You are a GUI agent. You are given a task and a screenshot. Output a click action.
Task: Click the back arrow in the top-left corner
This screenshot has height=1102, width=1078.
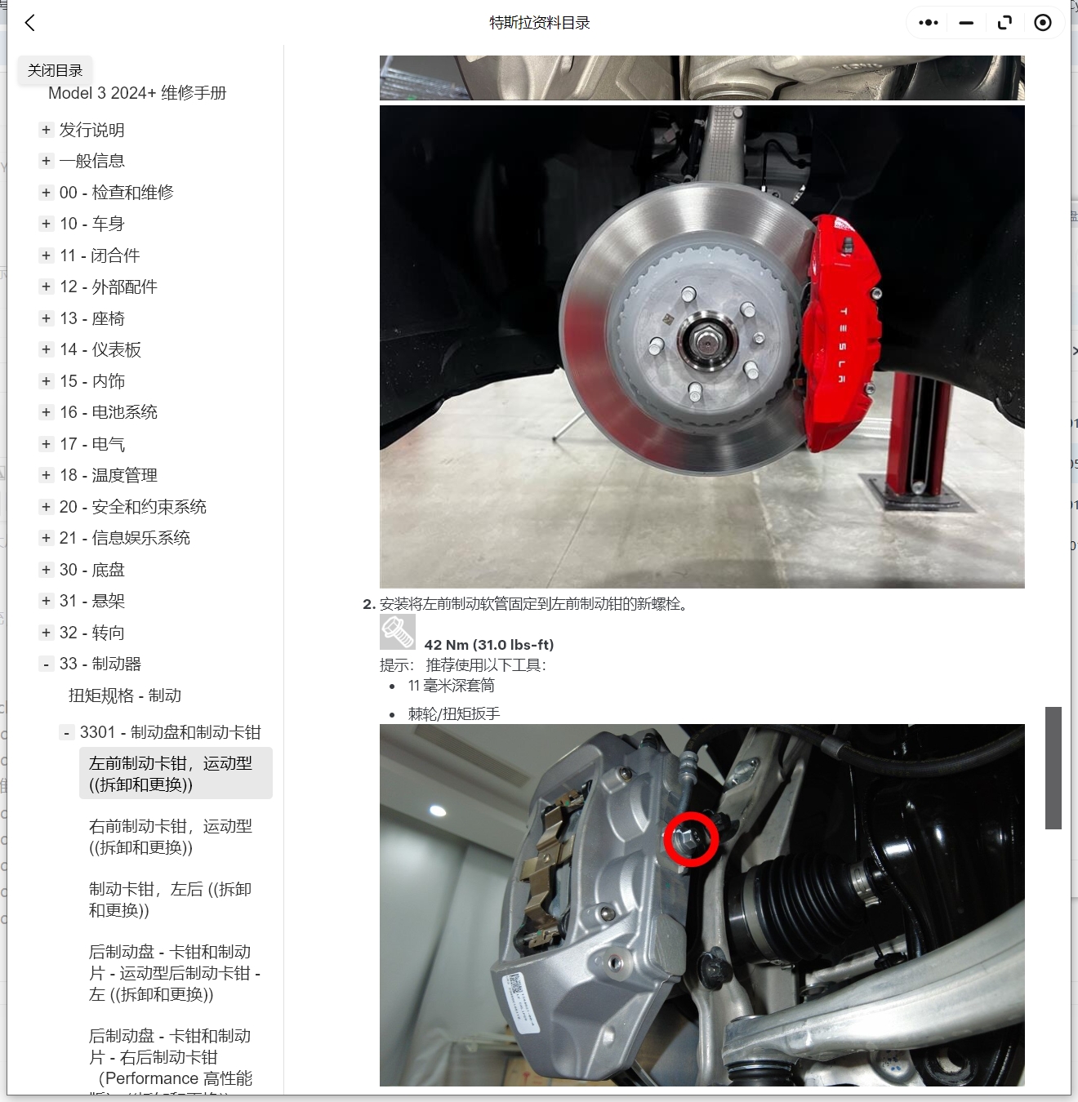30,23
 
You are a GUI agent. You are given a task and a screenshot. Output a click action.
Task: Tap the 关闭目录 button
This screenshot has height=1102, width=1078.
55,70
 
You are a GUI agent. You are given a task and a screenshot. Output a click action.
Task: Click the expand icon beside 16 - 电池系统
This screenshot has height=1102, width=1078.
47,412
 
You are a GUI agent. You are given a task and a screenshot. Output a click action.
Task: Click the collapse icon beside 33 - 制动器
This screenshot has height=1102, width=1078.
47,664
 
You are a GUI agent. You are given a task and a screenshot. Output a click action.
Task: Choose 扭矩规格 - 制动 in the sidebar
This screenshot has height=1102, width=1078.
125,695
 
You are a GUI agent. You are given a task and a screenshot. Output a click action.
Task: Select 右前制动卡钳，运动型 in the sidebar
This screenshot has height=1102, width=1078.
170,837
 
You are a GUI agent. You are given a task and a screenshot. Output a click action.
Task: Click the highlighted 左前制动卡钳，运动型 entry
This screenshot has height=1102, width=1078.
170,774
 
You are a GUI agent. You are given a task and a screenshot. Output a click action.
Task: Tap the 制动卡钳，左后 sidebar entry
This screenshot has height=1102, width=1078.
170,900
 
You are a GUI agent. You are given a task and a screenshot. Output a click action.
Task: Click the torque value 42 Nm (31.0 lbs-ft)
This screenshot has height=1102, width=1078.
488,645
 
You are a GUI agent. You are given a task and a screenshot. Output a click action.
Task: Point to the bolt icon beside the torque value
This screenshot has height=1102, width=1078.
398,632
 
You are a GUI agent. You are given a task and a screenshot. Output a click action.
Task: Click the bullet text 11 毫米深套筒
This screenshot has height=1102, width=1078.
451,686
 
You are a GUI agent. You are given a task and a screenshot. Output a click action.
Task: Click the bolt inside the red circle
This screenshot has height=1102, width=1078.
690,838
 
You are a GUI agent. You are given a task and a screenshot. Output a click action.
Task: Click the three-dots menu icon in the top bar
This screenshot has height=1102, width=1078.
929,23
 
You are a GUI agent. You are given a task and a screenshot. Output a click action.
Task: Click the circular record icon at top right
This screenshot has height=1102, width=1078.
1043,23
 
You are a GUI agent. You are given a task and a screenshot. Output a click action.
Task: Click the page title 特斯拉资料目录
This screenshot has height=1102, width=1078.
539,23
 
